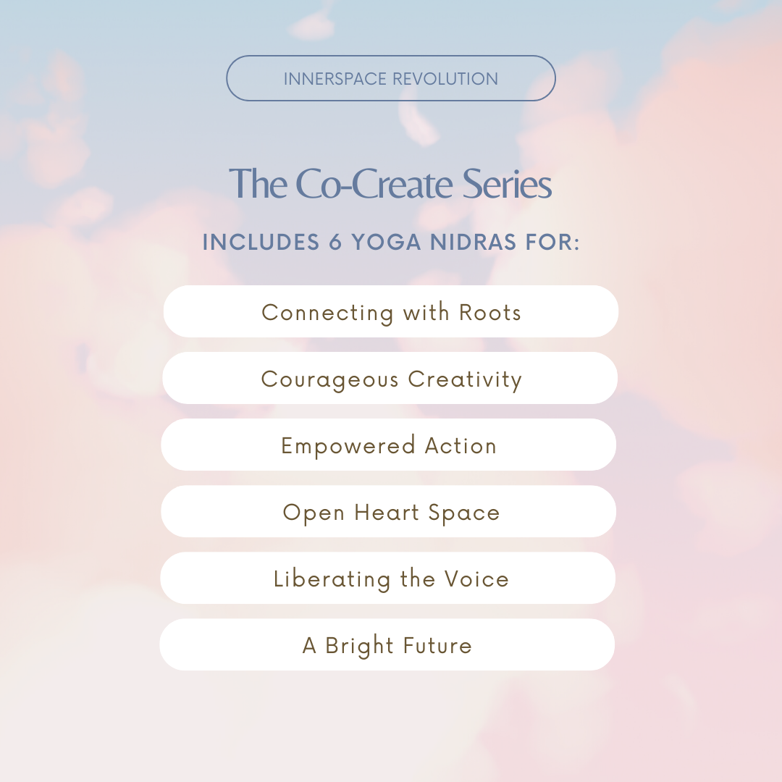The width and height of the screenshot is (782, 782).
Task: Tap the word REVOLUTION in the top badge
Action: (x=445, y=79)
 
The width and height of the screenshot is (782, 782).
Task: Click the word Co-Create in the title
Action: (x=374, y=184)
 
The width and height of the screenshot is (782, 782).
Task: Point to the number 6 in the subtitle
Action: (x=335, y=242)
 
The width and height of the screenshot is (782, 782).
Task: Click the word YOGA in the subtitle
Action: (x=386, y=242)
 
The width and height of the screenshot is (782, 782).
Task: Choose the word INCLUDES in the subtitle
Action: (x=261, y=242)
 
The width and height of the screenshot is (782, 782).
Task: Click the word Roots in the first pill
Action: (x=489, y=313)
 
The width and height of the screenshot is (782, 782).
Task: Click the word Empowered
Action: (x=348, y=446)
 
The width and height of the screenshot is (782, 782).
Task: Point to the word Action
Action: (x=461, y=446)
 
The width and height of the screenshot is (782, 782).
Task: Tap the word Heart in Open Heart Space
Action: (x=387, y=513)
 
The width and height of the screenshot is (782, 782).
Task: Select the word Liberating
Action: (x=332, y=580)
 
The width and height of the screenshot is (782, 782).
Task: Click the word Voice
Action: (x=476, y=579)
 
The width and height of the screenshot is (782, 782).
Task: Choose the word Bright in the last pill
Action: (x=359, y=647)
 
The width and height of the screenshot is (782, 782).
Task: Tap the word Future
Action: (x=437, y=646)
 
